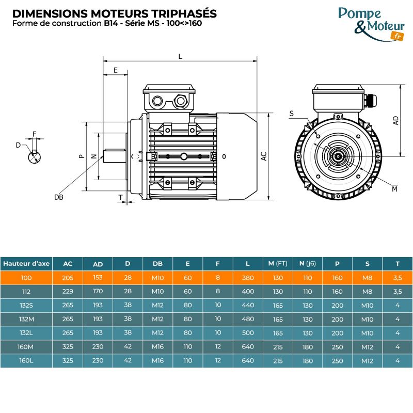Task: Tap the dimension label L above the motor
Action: point(180,56)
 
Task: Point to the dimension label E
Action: point(115,70)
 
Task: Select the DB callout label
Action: point(58,197)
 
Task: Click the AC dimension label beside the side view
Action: point(263,156)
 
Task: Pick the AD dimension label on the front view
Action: point(396,120)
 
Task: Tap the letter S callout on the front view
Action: point(292,113)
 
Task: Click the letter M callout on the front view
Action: point(394,189)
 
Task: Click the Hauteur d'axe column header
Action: point(26,264)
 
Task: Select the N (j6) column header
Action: point(308,264)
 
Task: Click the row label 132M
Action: point(26,319)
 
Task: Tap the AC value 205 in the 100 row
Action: point(68,278)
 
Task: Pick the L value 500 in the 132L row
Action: point(248,333)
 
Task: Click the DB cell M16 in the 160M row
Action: point(157,347)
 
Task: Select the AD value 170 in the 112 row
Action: point(98,292)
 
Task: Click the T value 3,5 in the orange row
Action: point(398,278)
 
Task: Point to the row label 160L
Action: point(26,360)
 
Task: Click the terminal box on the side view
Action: point(169,98)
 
